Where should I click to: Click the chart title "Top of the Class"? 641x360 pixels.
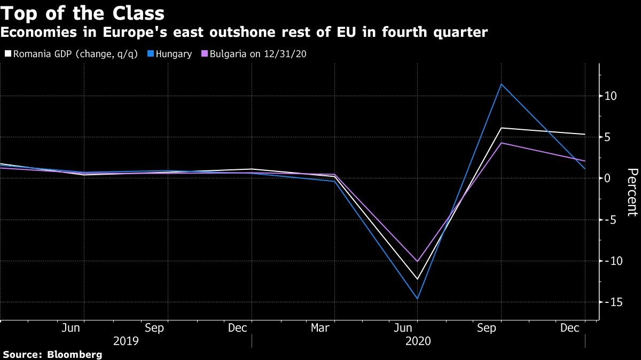82,13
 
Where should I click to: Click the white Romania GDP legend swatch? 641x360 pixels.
7,54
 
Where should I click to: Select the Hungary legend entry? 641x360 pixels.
169,54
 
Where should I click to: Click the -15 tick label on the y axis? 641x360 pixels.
609,302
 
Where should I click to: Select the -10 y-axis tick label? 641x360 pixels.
609,261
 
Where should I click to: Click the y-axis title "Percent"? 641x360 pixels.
632,192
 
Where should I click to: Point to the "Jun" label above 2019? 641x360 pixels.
71,327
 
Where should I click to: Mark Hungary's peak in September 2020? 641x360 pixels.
501,84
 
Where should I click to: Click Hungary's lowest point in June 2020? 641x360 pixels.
418,299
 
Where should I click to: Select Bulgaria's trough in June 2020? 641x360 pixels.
418,261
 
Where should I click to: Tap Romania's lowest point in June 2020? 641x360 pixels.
418,279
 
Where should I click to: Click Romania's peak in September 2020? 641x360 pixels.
502,128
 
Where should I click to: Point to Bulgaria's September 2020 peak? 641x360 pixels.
502,143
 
